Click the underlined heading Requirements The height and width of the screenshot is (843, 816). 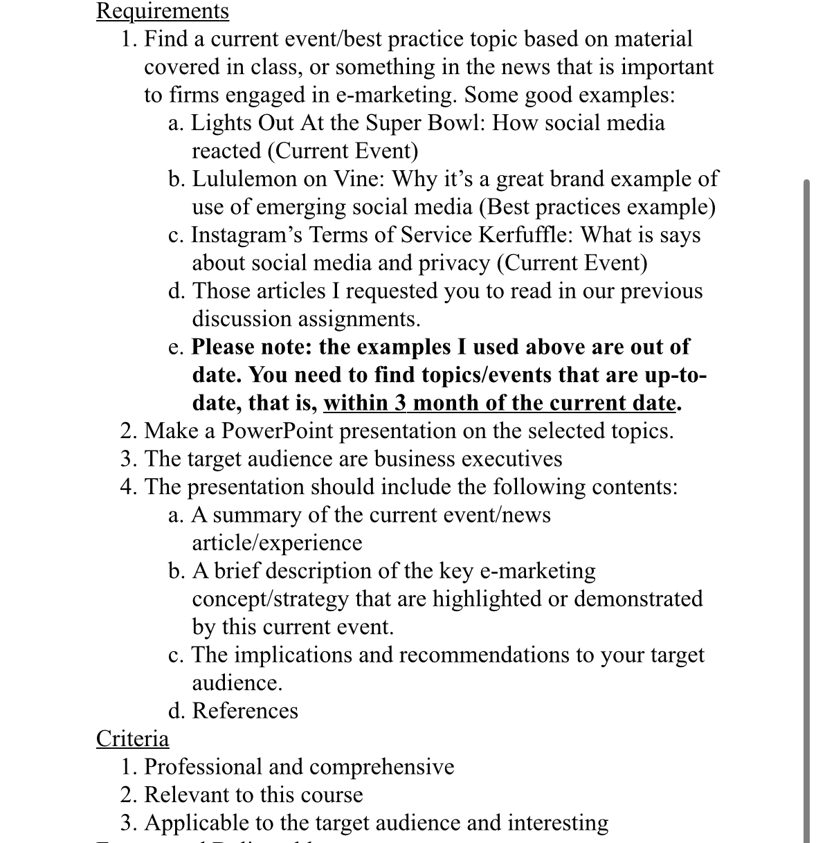(x=163, y=11)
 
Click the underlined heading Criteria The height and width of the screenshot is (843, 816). (x=132, y=738)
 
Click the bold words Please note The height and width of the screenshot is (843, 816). (x=251, y=347)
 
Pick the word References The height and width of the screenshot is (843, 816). (x=245, y=711)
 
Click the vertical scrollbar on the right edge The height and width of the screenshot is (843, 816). (x=806, y=484)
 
